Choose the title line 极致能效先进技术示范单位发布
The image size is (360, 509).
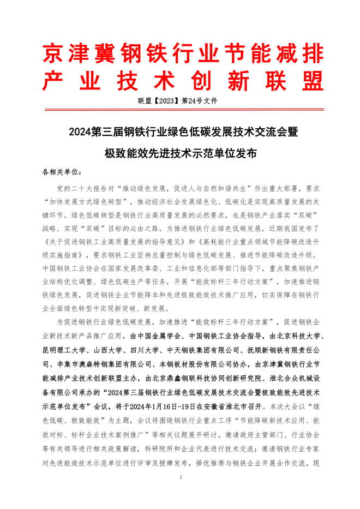pos(180,153)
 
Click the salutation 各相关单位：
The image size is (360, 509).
pos(62,172)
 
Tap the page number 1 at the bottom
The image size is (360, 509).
pos(180,478)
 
